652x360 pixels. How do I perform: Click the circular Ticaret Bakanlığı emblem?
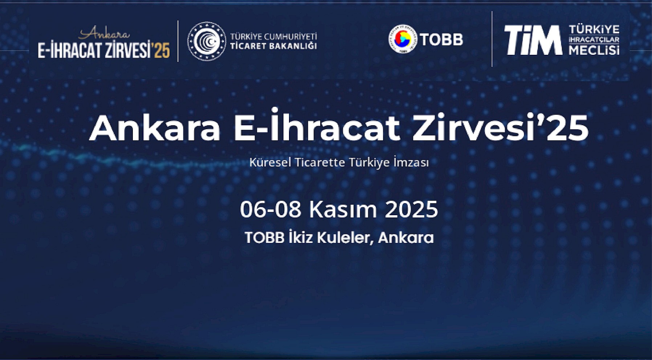207,41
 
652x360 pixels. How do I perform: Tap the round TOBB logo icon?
403,39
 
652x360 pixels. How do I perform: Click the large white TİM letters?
533,40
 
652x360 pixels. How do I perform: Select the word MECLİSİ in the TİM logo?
594,50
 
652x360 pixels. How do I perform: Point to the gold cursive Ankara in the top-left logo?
104,33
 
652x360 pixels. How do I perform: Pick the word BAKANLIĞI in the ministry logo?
292,46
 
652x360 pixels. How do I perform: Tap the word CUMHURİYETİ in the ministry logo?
290,37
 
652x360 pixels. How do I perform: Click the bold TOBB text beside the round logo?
442,40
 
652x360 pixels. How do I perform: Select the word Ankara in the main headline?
155,128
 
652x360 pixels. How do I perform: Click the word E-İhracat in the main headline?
317,125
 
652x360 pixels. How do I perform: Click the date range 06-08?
270,209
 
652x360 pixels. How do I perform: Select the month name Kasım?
343,209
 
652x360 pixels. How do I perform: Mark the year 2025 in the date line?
411,209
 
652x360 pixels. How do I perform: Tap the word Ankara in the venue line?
406,238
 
